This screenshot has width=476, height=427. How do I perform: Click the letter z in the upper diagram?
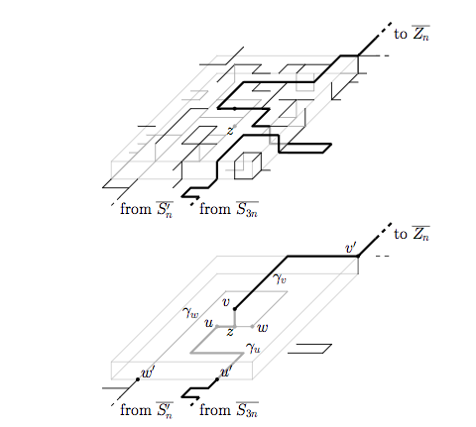(230, 131)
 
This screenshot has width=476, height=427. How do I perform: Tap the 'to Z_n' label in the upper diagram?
(412, 33)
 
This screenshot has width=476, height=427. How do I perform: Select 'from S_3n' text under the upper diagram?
(229, 209)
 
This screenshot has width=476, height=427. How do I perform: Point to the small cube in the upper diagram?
(248, 165)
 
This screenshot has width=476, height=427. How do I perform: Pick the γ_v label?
(280, 279)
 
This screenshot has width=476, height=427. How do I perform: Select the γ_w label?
(190, 312)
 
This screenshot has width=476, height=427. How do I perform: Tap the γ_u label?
(253, 348)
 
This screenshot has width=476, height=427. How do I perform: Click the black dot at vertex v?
(235, 309)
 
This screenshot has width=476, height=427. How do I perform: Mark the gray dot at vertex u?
(217, 326)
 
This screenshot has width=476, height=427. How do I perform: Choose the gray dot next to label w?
(252, 326)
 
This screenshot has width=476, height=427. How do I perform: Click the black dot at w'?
(138, 379)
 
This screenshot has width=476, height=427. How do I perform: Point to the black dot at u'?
(217, 379)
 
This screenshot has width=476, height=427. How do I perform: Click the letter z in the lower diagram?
(230, 332)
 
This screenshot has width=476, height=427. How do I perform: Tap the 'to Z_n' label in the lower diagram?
(412, 234)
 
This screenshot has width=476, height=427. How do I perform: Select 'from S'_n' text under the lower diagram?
(147, 410)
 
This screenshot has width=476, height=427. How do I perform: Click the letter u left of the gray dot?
(209, 323)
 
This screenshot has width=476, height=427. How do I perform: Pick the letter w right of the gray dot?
(263, 328)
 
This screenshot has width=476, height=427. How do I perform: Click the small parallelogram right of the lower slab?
(309, 349)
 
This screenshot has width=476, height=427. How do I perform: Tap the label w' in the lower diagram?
(147, 373)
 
